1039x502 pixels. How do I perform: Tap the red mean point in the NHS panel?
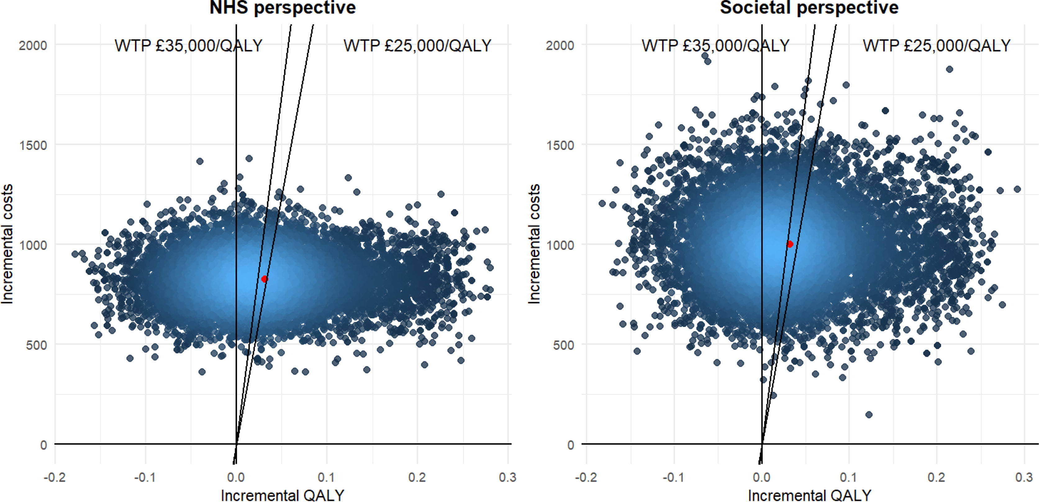(x=265, y=279)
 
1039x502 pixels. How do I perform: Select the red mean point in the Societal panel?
(x=790, y=244)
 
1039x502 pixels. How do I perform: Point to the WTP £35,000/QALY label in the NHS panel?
(x=188, y=46)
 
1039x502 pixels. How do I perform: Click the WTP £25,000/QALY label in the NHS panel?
(x=417, y=46)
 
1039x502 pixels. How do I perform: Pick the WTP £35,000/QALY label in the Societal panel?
(x=715, y=46)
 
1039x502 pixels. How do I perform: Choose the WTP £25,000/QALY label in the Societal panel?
(x=937, y=46)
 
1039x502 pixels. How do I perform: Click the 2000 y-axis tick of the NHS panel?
(x=33, y=45)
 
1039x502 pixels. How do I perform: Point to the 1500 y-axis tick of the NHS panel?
(x=33, y=145)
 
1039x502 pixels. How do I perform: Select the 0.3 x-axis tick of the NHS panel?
(x=507, y=478)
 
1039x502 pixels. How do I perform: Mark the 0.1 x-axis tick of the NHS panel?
(x=326, y=478)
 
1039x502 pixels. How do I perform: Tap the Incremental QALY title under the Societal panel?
(x=810, y=495)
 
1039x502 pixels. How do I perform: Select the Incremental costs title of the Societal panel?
(x=534, y=244)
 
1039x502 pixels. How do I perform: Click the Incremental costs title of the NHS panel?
(x=7, y=244)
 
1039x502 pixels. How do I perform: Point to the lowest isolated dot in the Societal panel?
(x=869, y=415)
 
